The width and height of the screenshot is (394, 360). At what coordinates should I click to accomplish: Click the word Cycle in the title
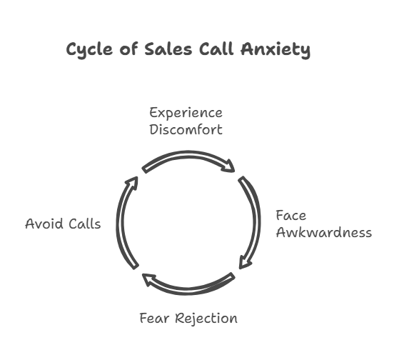pos(89,50)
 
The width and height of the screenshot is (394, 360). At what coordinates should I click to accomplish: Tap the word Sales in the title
pos(168,49)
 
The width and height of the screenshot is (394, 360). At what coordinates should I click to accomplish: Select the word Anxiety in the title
pos(276,50)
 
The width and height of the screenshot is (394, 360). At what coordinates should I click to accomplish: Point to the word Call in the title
pos(216,49)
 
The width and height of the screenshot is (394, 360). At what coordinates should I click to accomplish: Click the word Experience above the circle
pos(186,113)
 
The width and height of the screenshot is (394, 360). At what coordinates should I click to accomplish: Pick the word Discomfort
pos(186,129)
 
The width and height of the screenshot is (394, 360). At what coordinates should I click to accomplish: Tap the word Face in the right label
pos(291,216)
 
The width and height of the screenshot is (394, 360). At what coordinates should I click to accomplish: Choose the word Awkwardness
pos(324,232)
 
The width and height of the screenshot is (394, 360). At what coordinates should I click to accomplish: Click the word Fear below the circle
pos(154,318)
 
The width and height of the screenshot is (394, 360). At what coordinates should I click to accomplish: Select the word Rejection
pos(206,319)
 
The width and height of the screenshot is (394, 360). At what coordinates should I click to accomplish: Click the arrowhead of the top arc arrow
pos(229,166)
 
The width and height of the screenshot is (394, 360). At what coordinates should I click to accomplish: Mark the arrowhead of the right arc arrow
pos(244,263)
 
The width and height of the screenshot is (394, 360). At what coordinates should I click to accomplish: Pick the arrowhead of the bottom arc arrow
pos(148,279)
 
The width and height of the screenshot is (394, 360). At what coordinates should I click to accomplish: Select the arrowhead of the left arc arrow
pos(132,182)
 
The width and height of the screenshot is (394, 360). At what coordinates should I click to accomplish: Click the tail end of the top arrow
pos(144,170)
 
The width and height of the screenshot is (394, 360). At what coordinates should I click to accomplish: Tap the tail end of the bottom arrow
pos(232,276)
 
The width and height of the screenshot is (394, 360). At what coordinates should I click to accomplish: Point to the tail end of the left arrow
pos(136,266)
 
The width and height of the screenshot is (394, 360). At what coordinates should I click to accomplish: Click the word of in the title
pos(128,49)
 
